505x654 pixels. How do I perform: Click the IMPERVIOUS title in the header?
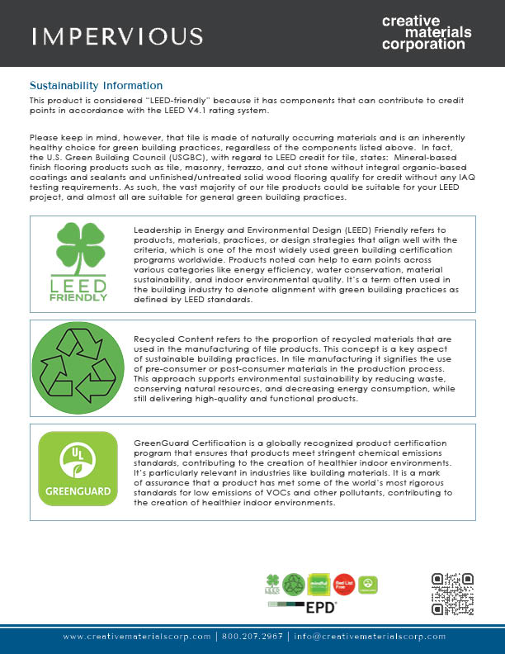116,36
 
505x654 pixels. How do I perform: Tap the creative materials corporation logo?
427,32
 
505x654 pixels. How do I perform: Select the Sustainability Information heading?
96,86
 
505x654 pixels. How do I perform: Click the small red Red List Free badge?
345,584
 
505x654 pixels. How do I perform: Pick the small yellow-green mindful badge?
319,584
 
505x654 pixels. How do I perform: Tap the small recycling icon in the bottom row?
295,584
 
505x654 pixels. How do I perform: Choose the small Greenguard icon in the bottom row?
370,584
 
